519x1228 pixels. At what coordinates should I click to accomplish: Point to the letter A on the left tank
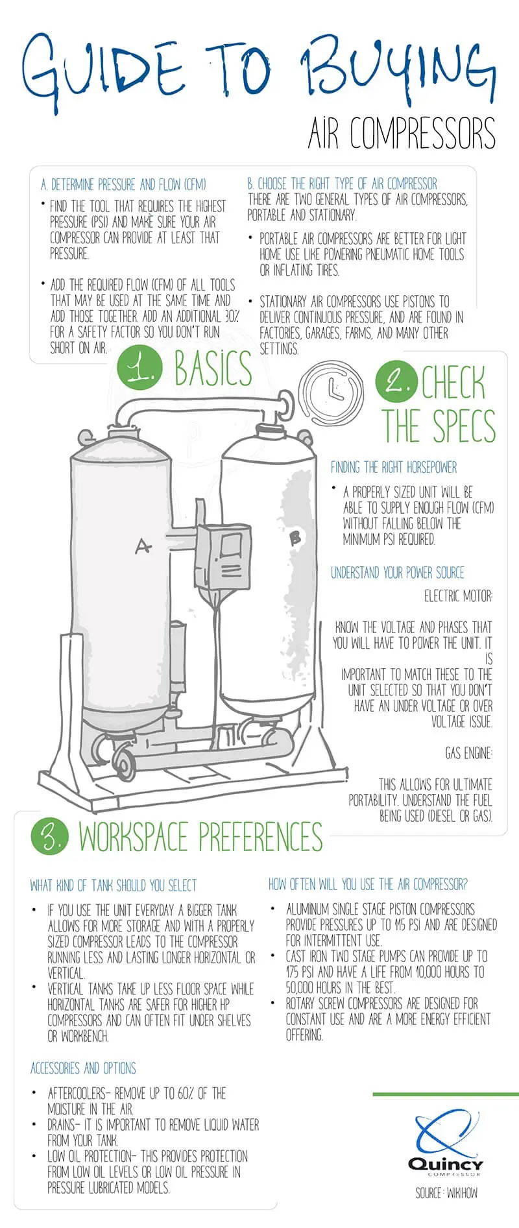(x=143, y=546)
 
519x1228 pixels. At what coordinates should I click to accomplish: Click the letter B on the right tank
(x=295, y=536)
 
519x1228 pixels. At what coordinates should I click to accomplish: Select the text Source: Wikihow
(x=446, y=1192)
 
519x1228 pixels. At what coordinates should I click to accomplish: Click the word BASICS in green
(x=213, y=368)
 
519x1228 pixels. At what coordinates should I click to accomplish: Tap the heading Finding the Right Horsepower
(x=394, y=467)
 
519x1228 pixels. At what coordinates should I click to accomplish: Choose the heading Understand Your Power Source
(x=398, y=572)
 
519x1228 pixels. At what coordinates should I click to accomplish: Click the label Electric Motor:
(x=459, y=596)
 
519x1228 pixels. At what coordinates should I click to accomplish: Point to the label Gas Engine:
(x=468, y=752)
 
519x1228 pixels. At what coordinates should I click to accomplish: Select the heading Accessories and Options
(x=83, y=1068)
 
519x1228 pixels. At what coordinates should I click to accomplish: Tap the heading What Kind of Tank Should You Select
(x=114, y=885)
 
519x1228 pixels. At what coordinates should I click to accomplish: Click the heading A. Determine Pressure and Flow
(x=123, y=185)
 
